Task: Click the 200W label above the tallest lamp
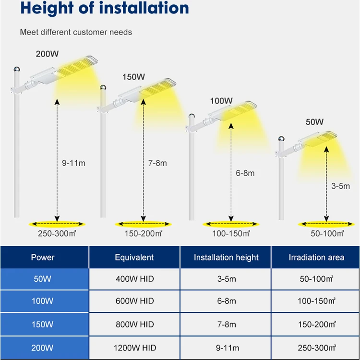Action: click(46, 53)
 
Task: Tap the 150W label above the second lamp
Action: click(133, 77)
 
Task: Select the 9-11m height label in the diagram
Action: click(74, 163)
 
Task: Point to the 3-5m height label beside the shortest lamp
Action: click(341, 186)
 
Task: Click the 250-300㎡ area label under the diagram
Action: click(58, 234)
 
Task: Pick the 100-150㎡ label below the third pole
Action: click(231, 234)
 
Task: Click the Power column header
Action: click(43, 257)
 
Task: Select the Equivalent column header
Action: click(134, 257)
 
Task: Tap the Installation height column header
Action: click(226, 257)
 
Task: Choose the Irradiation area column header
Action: click(316, 257)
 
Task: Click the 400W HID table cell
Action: click(134, 279)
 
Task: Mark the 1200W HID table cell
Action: click(134, 348)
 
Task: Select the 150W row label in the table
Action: click(43, 324)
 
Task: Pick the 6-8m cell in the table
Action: click(226, 301)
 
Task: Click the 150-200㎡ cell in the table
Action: click(316, 324)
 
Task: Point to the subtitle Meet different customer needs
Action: click(76, 32)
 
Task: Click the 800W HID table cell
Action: click(134, 324)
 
